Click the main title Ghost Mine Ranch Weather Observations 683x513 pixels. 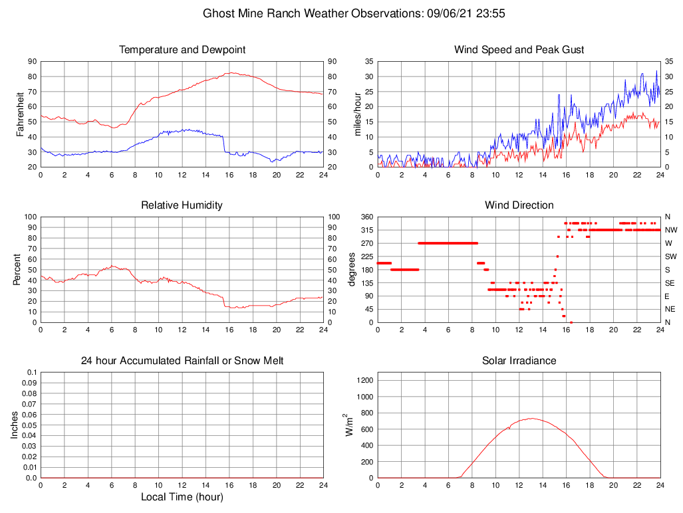point(357,13)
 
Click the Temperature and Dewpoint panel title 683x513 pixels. point(182,50)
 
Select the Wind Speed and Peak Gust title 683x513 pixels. point(519,50)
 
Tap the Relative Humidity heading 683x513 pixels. point(182,205)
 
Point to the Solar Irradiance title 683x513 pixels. point(519,361)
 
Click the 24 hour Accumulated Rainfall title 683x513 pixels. point(182,361)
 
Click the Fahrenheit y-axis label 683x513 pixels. point(20,114)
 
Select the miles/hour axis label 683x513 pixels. point(357,114)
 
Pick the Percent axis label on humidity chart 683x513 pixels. point(18,270)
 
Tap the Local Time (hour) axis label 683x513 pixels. point(182,497)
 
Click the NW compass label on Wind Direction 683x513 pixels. point(670,230)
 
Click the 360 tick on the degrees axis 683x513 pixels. point(367,217)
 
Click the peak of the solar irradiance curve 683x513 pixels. point(531,418)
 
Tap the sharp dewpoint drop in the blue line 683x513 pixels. point(224,144)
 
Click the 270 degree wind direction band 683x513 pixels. point(448,243)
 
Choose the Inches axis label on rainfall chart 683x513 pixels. point(15,425)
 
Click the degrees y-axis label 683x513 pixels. point(352,270)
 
